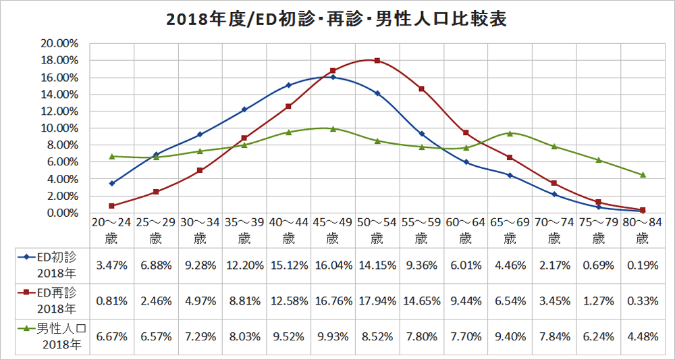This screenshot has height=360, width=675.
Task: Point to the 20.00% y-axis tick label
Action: tap(61, 43)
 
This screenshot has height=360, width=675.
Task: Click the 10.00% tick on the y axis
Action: tap(61, 128)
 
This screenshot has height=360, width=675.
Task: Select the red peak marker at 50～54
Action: tap(377, 61)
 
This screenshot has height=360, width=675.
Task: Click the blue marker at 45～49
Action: tap(333, 77)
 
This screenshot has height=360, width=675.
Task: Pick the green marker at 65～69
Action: tap(510, 133)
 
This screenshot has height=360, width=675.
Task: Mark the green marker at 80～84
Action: tap(643, 175)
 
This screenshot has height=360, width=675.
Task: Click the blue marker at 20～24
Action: tap(112, 183)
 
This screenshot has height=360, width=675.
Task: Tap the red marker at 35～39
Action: tap(244, 138)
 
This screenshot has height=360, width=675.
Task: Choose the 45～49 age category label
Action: tap(332, 230)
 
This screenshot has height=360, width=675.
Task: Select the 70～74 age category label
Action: tap(553, 230)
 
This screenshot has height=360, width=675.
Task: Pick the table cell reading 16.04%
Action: tap(332, 265)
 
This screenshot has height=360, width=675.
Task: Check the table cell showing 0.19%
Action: tap(643, 265)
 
